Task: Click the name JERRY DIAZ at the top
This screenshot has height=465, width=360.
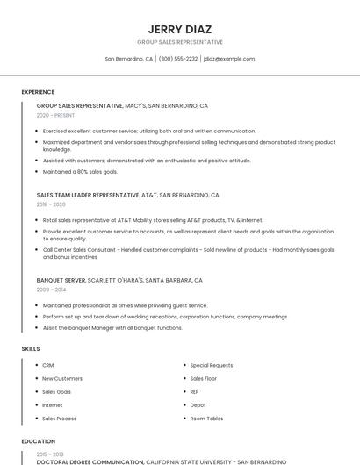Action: (180, 29)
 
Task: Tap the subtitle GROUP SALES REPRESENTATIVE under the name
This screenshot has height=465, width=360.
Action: (180, 42)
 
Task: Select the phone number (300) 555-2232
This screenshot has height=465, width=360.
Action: (178, 59)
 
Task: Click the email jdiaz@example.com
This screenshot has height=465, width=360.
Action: (229, 59)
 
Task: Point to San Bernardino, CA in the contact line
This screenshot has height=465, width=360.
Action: (129, 59)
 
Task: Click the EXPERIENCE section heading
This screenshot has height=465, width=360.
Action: (38, 92)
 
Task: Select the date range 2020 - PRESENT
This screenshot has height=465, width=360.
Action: (55, 115)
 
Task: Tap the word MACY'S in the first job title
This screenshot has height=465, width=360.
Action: (135, 105)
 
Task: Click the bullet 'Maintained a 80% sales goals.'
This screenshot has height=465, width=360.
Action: (80, 171)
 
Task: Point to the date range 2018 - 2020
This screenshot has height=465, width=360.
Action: (51, 204)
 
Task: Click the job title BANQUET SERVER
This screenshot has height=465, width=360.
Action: (61, 280)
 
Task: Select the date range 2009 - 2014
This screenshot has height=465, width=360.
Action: (51, 290)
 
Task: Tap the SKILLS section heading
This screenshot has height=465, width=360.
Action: (31, 349)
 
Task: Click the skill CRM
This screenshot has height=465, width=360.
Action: (48, 365)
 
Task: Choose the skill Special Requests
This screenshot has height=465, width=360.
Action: (212, 365)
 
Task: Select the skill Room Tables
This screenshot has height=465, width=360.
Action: (207, 418)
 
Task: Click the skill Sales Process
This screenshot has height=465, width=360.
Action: (60, 418)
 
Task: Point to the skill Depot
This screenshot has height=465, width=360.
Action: (198, 405)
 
